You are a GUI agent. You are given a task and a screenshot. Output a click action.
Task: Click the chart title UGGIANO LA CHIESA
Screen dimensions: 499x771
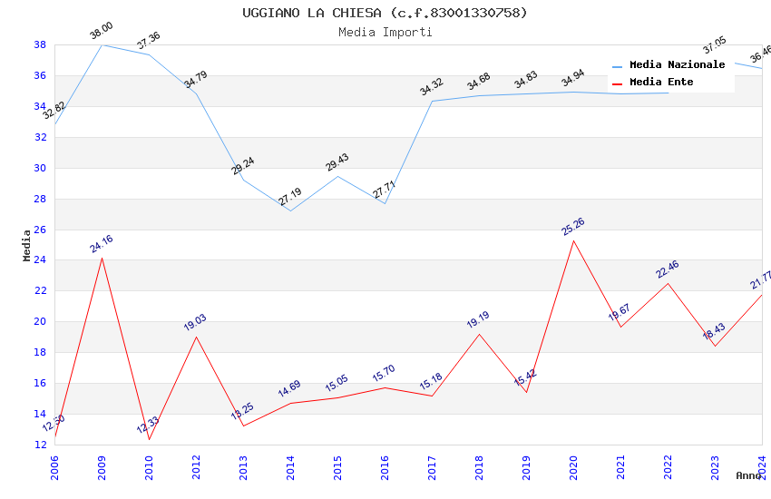385,13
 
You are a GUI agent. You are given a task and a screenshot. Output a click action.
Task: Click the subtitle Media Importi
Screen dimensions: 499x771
385,32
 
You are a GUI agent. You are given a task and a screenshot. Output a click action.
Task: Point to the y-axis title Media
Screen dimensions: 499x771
27,245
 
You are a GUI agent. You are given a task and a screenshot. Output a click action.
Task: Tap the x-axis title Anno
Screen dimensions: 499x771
748,475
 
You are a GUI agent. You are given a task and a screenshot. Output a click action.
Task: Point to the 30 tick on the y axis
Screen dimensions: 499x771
40,168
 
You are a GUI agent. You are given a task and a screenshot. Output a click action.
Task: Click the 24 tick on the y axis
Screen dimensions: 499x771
40,260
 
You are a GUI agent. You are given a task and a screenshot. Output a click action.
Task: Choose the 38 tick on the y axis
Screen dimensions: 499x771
40,44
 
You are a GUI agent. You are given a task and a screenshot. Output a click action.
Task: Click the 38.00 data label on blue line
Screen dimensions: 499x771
102,33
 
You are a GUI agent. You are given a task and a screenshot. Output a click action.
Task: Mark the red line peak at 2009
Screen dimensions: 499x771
102,258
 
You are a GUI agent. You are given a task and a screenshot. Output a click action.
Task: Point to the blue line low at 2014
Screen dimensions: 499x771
290,210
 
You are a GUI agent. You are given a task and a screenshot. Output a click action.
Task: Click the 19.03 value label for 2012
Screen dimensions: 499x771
195,322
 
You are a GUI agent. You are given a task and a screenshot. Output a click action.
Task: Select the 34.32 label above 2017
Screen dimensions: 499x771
431,87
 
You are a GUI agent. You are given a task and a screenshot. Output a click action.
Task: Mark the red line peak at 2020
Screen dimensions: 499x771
573,240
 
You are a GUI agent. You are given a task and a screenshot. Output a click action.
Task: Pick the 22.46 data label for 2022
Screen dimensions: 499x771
667,269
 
